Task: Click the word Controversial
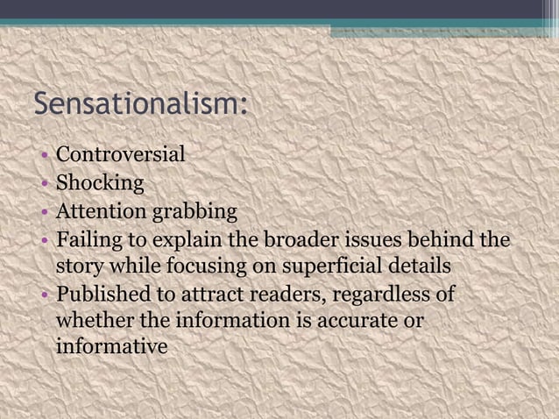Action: pos(120,155)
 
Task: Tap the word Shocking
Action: pos(100,183)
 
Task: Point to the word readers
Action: pos(287,294)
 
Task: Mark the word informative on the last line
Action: pos(111,348)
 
